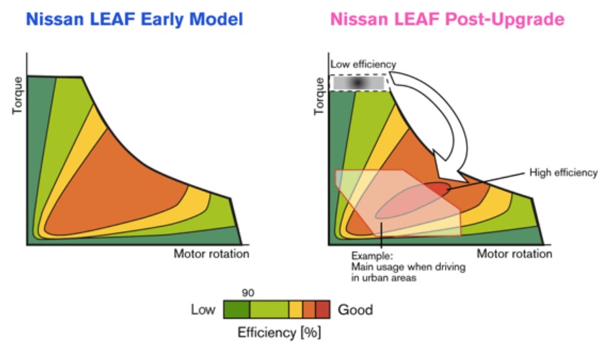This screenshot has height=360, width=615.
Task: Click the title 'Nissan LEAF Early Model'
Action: [x=134, y=19]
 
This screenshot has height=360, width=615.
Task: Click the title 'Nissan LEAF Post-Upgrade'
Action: [x=447, y=19]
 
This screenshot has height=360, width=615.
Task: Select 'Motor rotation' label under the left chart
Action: [x=211, y=254]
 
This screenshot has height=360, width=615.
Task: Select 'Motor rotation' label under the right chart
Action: [x=514, y=254]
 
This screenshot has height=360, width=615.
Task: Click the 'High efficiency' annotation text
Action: [x=564, y=172]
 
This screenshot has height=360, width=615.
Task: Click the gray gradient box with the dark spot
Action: [x=360, y=83]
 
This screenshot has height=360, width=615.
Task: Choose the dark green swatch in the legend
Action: [x=236, y=309]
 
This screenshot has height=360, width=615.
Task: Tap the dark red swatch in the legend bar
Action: [x=323, y=309]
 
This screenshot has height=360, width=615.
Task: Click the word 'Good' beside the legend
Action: [x=355, y=310]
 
